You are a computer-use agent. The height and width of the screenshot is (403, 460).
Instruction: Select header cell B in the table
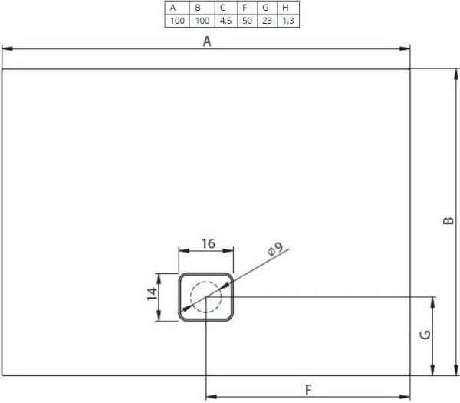[198, 7]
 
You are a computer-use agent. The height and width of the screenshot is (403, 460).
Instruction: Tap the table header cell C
[223, 7]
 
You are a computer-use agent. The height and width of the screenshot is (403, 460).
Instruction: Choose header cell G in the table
[265, 7]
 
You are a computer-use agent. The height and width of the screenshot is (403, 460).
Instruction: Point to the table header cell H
[287, 7]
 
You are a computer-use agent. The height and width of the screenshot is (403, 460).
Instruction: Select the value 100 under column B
[198, 20]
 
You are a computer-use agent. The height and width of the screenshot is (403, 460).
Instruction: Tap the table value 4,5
[223, 20]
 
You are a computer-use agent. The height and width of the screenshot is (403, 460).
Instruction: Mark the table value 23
[265, 20]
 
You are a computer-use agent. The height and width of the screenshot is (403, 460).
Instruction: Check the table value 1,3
[287, 20]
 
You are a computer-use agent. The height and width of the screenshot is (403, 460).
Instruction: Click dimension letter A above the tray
[206, 42]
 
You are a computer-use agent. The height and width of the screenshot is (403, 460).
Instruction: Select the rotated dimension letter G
[425, 335]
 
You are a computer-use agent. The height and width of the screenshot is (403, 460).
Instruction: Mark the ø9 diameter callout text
[274, 249]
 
